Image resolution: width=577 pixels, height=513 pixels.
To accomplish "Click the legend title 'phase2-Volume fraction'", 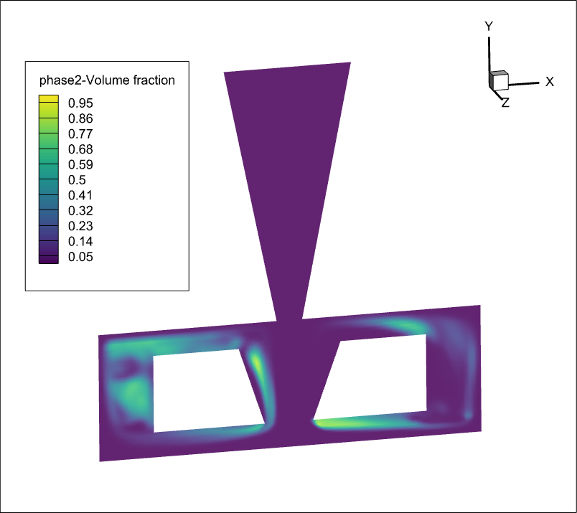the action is [x=107, y=80].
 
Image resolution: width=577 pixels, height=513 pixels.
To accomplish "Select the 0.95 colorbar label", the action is [x=80, y=103].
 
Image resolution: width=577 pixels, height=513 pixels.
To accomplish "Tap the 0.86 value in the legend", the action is [x=80, y=118].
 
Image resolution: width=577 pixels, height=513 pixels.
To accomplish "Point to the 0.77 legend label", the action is [x=80, y=134].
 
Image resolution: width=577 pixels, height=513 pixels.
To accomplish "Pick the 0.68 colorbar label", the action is [x=80, y=149].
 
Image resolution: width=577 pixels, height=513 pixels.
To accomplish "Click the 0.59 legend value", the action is [x=80, y=164].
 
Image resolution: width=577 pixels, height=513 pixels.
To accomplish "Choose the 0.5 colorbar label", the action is [x=78, y=180].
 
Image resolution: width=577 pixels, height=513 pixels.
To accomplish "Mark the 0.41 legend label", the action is [x=80, y=195].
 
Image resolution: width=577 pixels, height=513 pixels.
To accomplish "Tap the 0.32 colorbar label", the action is [x=80, y=211].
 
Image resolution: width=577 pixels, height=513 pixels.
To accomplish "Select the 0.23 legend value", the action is [x=80, y=226].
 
